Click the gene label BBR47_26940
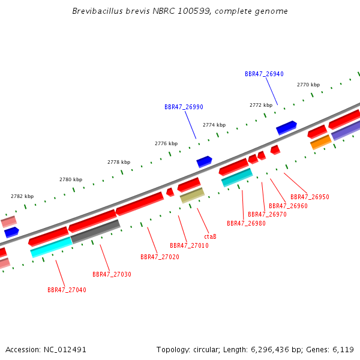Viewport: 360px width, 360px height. pos(264,74)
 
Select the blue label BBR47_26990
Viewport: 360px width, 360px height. pos(184,107)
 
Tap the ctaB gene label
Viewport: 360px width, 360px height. pos(210,236)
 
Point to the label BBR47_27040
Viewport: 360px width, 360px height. pos(67,290)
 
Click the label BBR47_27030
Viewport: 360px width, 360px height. pos(112,274)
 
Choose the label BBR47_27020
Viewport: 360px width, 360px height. pos(160,257)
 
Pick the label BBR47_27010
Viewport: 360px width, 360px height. pos(189,245)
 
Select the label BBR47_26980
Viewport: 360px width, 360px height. pos(246,223)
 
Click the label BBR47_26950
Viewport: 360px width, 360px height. pos(310,197)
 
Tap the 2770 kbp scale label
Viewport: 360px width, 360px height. pos(308,85)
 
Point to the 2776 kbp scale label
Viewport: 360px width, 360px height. pos(166,143)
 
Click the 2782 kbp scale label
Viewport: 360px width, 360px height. pos(22,196)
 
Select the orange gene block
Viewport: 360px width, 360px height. pos(321,142)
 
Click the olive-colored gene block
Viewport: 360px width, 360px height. pos(192,195)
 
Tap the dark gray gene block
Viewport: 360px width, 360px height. pos(95,232)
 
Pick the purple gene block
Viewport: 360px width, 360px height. pos(346,130)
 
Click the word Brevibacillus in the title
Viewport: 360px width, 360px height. pos(98,11)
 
